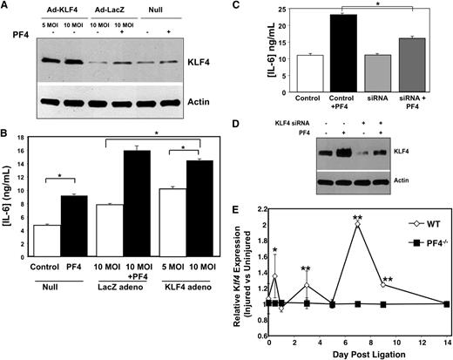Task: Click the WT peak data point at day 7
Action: coord(358,224)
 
